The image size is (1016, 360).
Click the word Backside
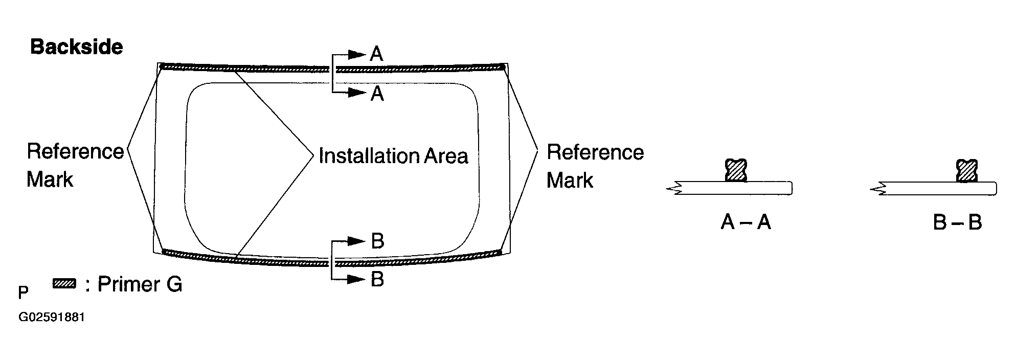click(x=77, y=47)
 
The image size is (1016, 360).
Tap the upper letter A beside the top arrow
click(x=376, y=53)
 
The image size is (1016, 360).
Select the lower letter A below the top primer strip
click(x=377, y=94)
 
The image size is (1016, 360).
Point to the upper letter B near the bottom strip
click(x=377, y=241)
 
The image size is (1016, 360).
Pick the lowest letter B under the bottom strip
click(x=377, y=280)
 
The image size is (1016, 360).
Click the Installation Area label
click(x=393, y=156)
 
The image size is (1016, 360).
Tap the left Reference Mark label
click(x=75, y=166)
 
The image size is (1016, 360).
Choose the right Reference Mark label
click(x=595, y=166)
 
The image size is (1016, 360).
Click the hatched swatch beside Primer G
click(x=64, y=283)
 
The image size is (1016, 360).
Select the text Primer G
click(x=140, y=284)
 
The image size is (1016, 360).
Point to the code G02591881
click(x=52, y=318)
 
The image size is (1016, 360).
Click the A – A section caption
click(x=746, y=222)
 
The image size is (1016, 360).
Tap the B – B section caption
click(x=957, y=223)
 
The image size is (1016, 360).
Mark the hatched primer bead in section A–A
click(x=736, y=170)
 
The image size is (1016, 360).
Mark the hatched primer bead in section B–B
click(x=967, y=171)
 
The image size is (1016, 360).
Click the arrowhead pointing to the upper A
click(x=358, y=53)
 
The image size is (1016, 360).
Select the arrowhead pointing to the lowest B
click(x=358, y=279)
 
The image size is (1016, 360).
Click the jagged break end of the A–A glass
click(x=673, y=188)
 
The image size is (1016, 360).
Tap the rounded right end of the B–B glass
click(x=995, y=188)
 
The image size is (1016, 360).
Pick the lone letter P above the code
click(x=23, y=292)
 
